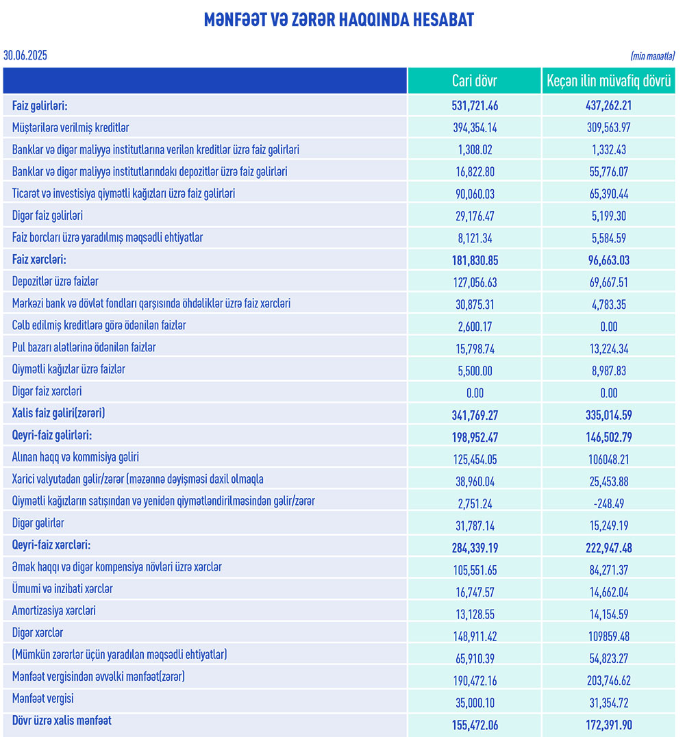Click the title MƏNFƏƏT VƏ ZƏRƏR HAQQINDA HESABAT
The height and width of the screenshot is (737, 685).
coord(339,20)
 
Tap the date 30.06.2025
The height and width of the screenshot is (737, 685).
coord(25,56)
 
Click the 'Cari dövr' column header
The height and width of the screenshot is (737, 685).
coord(474,81)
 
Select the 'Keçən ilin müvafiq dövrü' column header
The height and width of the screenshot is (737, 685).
coord(608,81)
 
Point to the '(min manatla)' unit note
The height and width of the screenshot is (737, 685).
coord(652,56)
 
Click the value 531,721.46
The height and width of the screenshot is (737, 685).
coord(475,106)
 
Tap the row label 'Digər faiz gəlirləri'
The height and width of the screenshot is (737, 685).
coord(48,216)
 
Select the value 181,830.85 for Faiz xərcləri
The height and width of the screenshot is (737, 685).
coord(475,260)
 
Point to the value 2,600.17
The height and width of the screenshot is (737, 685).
coord(475,326)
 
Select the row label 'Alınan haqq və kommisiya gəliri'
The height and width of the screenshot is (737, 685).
coord(76,457)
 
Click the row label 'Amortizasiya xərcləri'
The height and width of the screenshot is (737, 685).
coord(53,610)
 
